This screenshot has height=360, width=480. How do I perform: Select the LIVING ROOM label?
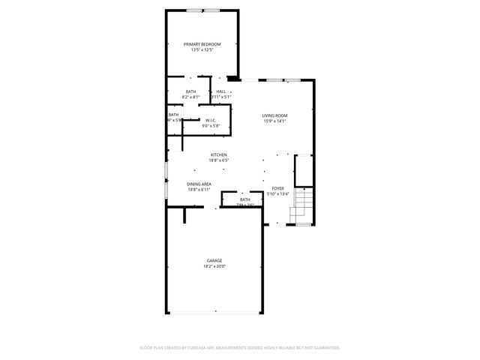tap(274, 115)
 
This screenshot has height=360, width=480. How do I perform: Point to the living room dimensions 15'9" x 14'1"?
tap(274, 121)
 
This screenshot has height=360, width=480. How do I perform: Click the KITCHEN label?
tap(218, 154)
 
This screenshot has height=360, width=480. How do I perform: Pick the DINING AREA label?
tap(199, 184)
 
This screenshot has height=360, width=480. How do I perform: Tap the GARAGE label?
tap(214, 260)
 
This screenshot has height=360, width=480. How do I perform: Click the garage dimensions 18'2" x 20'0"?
tap(214, 266)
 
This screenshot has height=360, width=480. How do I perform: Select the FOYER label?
tap(278, 188)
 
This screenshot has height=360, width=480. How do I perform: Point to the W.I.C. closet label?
tap(211, 120)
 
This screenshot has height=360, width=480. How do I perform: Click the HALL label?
tap(221, 91)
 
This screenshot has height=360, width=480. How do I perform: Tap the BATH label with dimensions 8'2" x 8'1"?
tap(191, 91)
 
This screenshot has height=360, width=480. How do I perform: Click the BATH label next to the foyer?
tap(245, 199)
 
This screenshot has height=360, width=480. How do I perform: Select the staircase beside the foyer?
tap(303, 202)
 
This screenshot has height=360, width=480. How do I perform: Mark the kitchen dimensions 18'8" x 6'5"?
tap(218, 160)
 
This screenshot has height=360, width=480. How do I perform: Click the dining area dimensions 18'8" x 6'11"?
tap(199, 190)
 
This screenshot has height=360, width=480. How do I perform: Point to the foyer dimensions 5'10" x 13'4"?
tap(278, 194)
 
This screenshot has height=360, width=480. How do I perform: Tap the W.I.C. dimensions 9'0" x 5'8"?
tap(211, 126)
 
